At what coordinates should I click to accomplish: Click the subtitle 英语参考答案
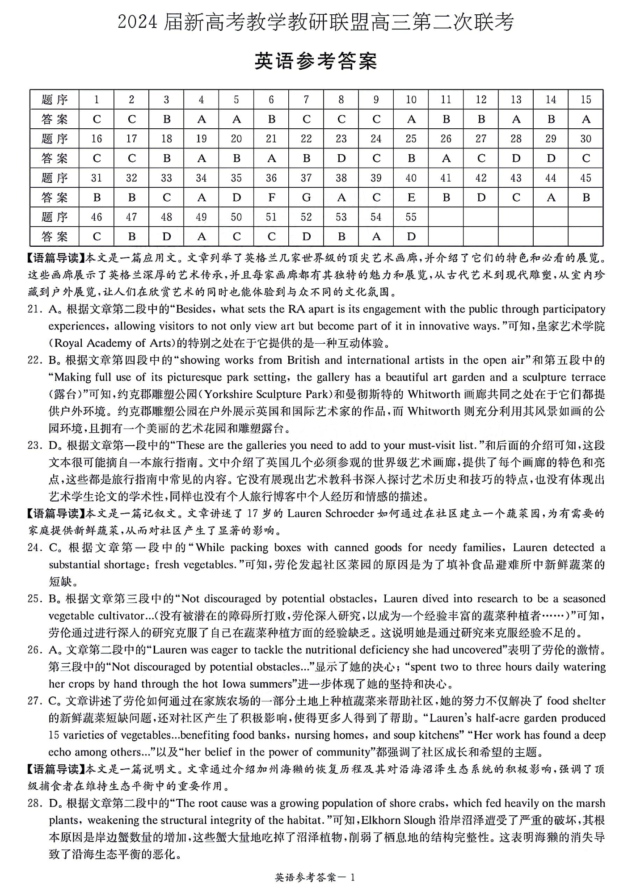pos(316,61)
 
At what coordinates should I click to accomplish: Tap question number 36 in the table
pos(271,178)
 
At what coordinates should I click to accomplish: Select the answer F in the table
pos(271,198)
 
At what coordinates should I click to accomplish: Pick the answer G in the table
pos(306,198)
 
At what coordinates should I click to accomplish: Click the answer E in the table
pos(411,198)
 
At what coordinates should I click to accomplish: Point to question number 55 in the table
pos(411,217)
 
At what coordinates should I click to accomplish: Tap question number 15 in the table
pos(586,100)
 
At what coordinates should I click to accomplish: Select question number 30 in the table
pos(586,139)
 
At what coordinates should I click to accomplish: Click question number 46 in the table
pos(97,217)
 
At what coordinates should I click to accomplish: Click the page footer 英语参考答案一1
pos(315,877)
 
